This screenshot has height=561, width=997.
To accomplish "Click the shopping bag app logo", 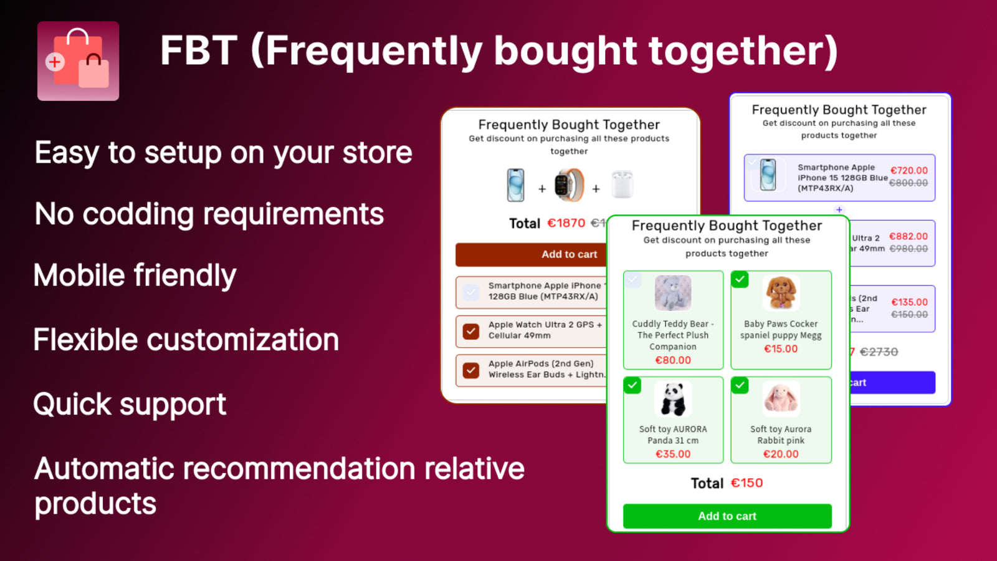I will tap(78, 61).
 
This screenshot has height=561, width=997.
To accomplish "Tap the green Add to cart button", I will tap(727, 516).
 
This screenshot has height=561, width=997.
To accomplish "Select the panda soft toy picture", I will tap(673, 399).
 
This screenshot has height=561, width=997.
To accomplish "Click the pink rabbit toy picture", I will tap(781, 399).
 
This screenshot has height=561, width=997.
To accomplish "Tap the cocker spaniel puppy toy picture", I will tap(781, 292).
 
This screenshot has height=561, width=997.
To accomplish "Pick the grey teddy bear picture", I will tap(673, 292).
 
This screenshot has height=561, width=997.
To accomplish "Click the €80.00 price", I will tap(673, 360).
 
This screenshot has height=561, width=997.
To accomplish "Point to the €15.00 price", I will tap(781, 349).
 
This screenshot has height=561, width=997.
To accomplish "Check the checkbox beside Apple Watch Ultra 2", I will tap(471, 331).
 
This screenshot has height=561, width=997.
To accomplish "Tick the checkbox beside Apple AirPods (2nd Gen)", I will tap(471, 370).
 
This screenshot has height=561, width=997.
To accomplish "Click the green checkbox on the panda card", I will tap(632, 385).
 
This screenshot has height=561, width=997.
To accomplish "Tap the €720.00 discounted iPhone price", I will tap(909, 170).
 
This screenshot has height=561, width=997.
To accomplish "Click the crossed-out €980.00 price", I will tap(909, 249).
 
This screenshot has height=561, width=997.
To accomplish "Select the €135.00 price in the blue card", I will tap(909, 302).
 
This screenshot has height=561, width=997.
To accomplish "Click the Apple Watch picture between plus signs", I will tap(569, 185).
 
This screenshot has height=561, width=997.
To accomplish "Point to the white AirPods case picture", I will tap(622, 185).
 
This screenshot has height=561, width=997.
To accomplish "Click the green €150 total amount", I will tap(747, 483).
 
